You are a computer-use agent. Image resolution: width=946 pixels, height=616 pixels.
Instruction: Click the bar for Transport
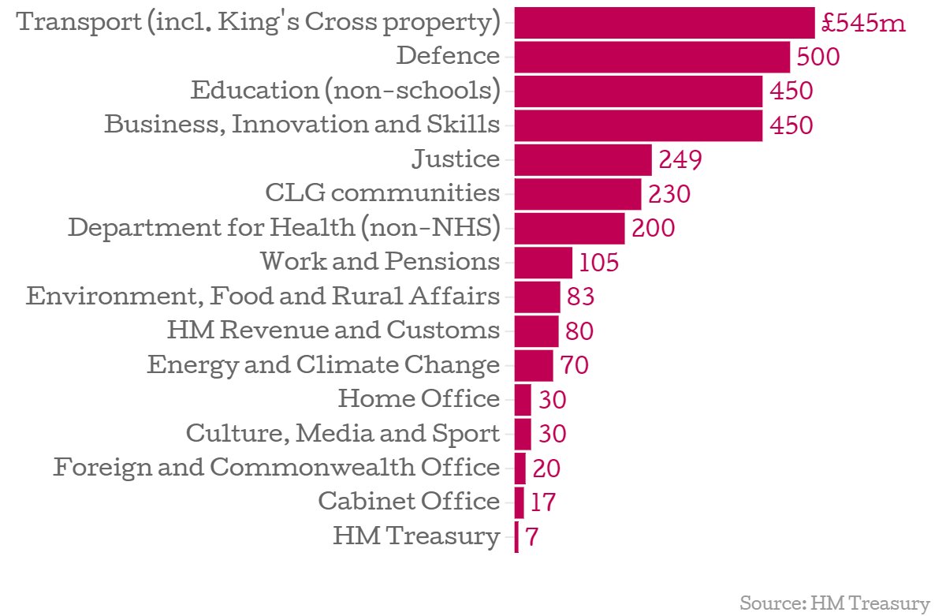[664, 22]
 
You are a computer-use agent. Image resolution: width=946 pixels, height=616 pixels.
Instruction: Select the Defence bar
[652, 57]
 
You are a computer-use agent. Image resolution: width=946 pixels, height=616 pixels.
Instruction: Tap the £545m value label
[863, 23]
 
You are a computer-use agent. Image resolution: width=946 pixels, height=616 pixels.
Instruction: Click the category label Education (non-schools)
[345, 90]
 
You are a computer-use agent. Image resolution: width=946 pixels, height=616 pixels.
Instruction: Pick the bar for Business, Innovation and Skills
[638, 125]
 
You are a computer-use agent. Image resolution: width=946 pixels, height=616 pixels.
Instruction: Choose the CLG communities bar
[578, 194]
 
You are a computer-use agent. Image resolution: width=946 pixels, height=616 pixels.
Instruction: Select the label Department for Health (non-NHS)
[284, 228]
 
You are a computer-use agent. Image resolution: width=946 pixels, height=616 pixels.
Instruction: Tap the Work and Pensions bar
[543, 262]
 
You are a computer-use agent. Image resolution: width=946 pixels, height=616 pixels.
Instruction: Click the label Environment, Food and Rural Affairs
[263, 296]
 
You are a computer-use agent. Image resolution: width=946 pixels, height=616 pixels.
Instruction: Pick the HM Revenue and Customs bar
[536, 330]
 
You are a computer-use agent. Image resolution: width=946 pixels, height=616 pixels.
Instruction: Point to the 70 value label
[575, 365]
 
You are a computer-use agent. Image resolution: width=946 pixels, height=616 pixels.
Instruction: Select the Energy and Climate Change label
[323, 365]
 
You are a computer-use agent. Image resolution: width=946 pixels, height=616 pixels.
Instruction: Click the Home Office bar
[523, 400]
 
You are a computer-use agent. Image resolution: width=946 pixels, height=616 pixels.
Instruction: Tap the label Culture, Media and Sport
[343, 433]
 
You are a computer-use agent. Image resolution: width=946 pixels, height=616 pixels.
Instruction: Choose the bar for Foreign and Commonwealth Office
[520, 468]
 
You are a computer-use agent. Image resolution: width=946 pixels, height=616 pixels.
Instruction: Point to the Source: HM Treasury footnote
[835, 604]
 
